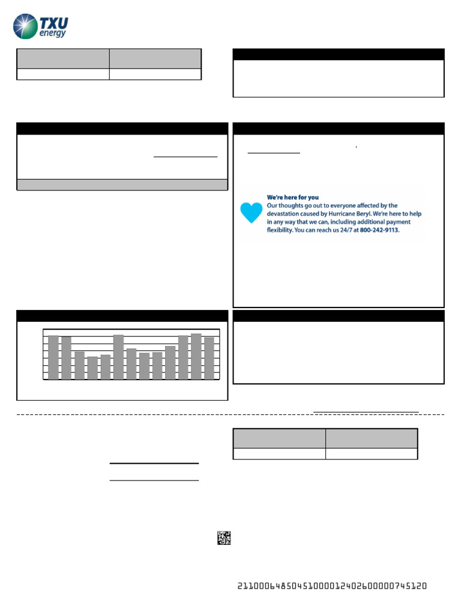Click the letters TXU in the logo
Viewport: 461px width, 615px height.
pyautogui.click(x=54, y=23)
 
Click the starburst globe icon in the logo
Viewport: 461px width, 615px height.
pyautogui.click(x=25, y=27)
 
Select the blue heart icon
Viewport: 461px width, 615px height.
pyautogui.click(x=251, y=213)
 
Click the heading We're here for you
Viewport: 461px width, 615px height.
pyautogui.click(x=292, y=197)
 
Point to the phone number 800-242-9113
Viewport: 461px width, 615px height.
pyautogui.click(x=379, y=229)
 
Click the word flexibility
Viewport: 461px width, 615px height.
pyautogui.click(x=284, y=229)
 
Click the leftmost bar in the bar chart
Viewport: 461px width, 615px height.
pyautogui.click(x=53, y=357)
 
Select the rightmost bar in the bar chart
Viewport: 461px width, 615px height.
pyautogui.click(x=209, y=359)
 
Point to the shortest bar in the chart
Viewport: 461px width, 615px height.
pyautogui.click(x=92, y=368)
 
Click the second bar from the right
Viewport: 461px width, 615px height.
pyautogui.click(x=196, y=357)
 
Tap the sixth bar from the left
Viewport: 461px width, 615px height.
pyautogui.click(x=118, y=357)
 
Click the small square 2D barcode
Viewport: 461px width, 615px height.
pyautogui.click(x=224, y=538)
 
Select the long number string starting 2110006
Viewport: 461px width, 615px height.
pyautogui.click(x=332, y=586)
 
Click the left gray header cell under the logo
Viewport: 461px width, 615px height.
pyautogui.click(x=63, y=59)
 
